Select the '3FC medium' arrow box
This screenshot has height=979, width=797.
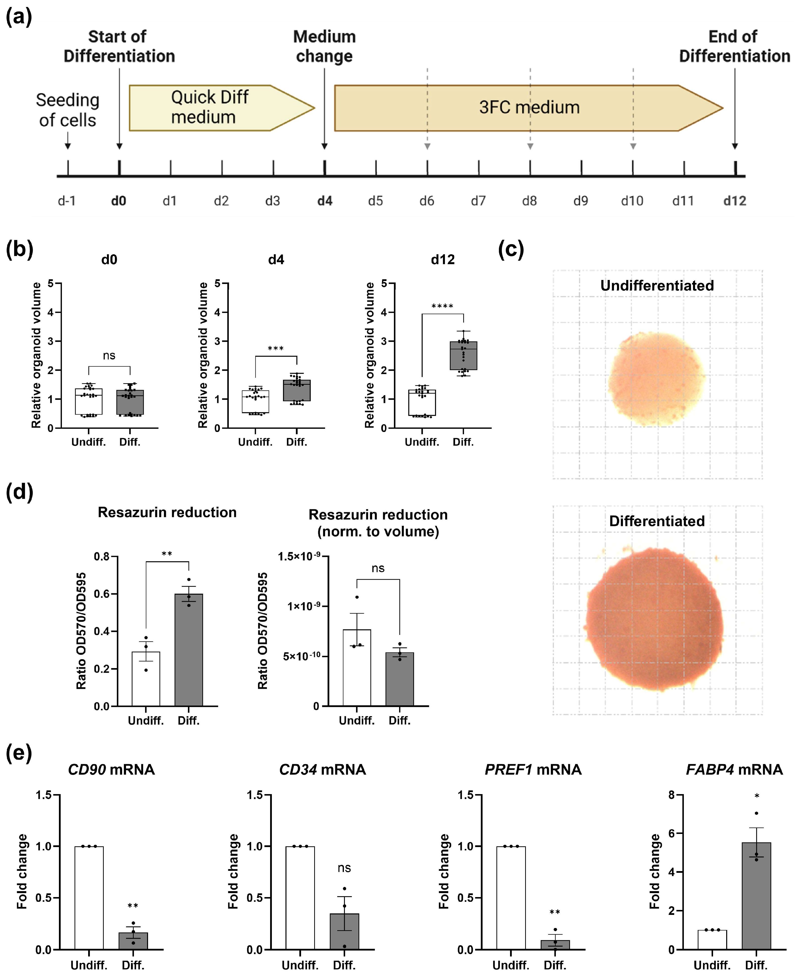(x=528, y=108)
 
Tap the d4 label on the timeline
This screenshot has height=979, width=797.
(x=325, y=201)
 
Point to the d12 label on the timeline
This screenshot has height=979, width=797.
(x=735, y=201)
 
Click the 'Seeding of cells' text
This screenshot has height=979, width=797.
(x=68, y=110)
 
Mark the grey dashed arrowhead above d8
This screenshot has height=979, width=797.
(x=530, y=146)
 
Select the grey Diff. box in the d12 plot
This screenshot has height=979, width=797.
(x=463, y=356)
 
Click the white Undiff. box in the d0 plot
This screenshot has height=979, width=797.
(x=89, y=402)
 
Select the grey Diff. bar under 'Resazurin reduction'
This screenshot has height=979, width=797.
(x=189, y=650)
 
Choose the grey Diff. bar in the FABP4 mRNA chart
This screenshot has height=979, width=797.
(x=756, y=895)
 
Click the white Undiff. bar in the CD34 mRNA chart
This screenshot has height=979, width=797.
(x=300, y=897)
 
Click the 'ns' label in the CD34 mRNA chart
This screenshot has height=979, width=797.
(x=344, y=868)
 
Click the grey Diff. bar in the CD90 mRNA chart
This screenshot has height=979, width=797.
(x=133, y=940)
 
